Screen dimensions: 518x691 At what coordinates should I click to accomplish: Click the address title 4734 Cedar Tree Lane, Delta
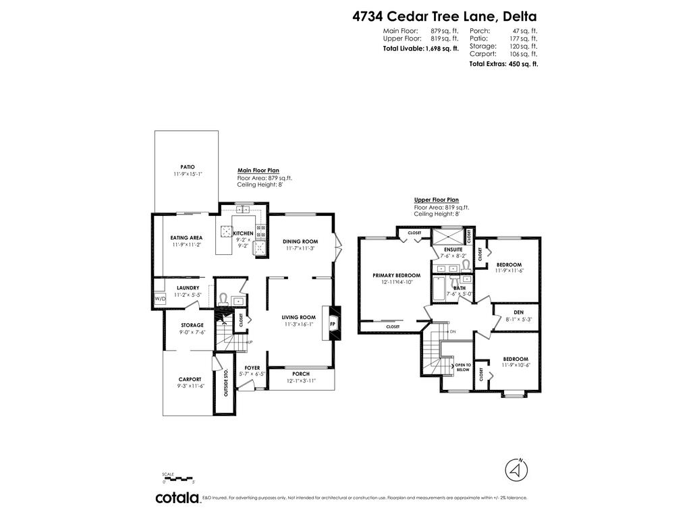[x=445, y=16]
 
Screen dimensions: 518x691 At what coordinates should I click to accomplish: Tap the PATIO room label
[x=187, y=167]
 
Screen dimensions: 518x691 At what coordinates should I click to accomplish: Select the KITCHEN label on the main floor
[x=243, y=233]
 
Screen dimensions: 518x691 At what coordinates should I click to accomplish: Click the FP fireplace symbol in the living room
[x=332, y=324]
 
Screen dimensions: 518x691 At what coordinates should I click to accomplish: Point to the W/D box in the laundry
[x=160, y=298]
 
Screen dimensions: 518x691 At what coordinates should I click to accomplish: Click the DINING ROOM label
[x=300, y=241]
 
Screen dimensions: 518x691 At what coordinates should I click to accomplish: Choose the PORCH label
[x=301, y=374]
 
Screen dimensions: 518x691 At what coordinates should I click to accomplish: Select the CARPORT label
[x=190, y=379]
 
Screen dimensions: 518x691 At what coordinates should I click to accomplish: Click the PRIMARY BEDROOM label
[x=396, y=275]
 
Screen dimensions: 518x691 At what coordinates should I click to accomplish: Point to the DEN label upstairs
[x=518, y=312]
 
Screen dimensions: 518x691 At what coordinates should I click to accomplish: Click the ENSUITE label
[x=453, y=250]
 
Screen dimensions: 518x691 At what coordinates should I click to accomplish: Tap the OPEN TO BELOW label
[x=463, y=367]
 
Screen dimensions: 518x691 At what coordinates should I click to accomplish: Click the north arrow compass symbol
[x=516, y=468]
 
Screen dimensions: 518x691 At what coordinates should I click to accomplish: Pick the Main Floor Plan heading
[x=258, y=171]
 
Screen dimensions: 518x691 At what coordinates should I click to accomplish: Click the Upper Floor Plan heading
[x=436, y=200]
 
